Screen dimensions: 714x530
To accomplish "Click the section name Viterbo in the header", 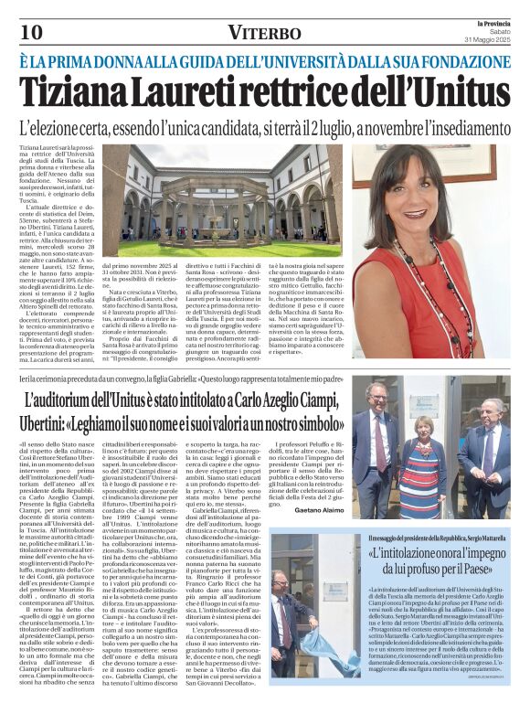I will tap(264, 33).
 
